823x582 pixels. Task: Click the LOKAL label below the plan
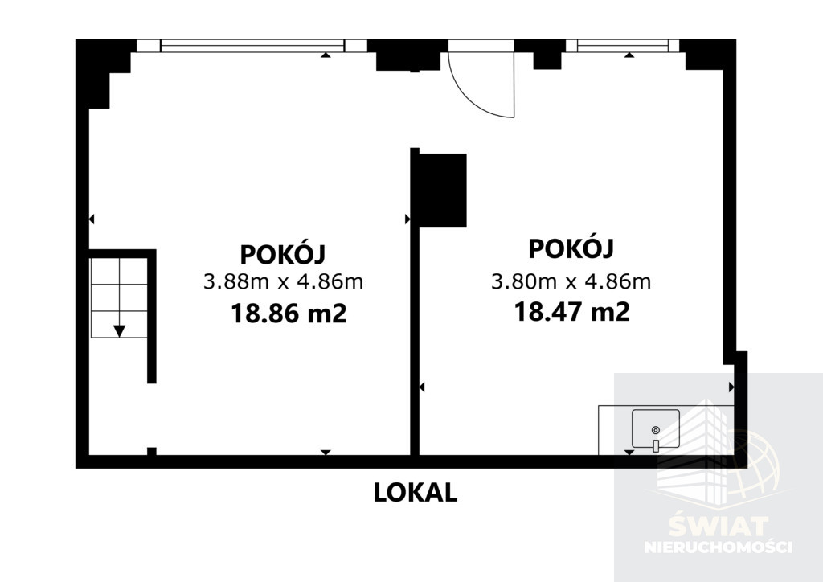pos(416,493)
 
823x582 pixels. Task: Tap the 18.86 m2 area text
pos(289,314)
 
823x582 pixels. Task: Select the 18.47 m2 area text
pos(571,312)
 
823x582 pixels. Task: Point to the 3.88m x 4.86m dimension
pos(284,282)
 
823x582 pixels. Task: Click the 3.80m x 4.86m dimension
pos(571,282)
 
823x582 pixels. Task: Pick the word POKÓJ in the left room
pos(283,255)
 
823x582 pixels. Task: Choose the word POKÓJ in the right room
pos(571,248)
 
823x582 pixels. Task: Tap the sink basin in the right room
pos(656,428)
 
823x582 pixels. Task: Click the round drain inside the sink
pos(655,430)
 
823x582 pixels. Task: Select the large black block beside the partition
pos(443,191)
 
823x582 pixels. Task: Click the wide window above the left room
pos(252,46)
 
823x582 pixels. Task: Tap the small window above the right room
pos(623,46)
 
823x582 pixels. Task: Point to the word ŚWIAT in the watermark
pos(718,527)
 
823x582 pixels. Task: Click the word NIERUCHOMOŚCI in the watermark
pos(718,547)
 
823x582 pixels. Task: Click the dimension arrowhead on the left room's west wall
pos(92,219)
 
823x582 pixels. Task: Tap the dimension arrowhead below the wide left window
pos(326,54)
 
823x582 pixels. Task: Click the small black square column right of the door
pos(547,60)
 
